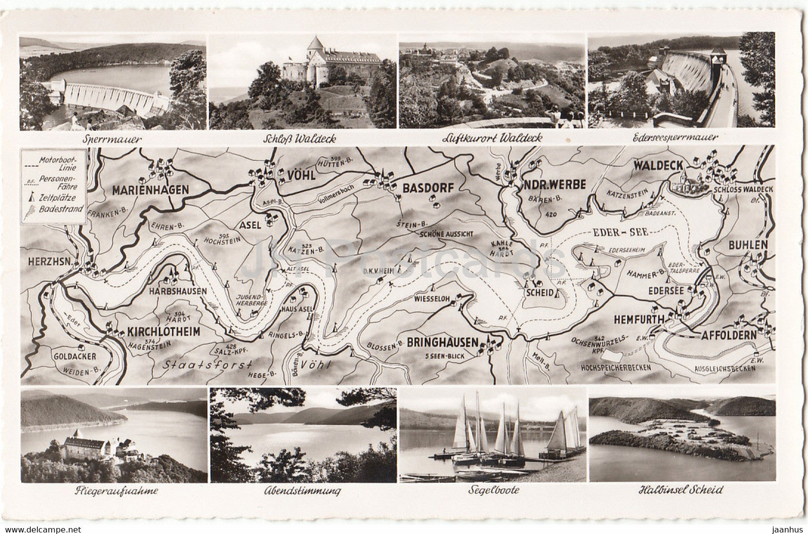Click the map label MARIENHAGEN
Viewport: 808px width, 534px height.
click(x=150, y=190)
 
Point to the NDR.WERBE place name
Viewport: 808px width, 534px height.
click(x=553, y=183)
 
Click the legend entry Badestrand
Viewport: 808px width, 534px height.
click(x=64, y=209)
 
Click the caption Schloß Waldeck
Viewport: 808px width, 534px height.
click(x=302, y=139)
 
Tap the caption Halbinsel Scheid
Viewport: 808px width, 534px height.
click(x=681, y=490)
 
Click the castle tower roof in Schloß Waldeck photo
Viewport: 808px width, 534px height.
click(x=315, y=43)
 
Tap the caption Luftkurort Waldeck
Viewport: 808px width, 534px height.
click(x=492, y=138)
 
